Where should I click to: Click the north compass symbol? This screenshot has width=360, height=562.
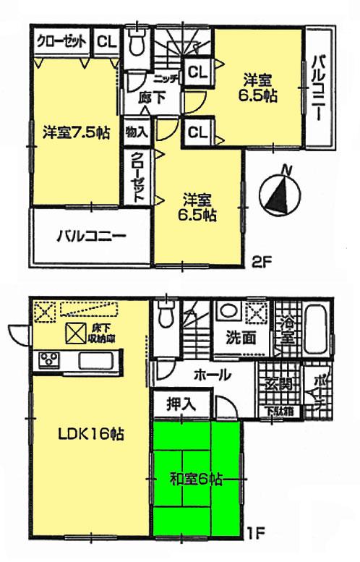click(x=280, y=191)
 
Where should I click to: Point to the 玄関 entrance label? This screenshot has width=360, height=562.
click(x=276, y=384)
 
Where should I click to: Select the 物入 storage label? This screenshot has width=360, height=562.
click(x=135, y=131)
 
